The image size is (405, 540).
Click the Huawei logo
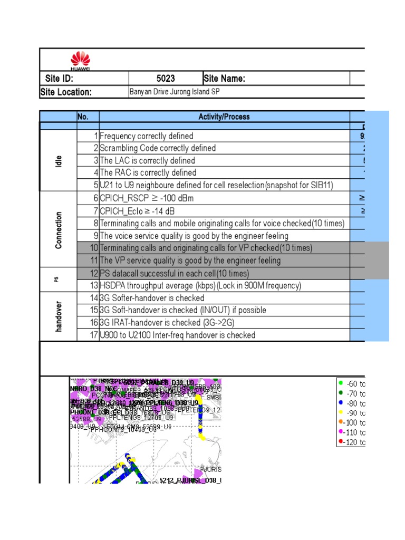point(81,60)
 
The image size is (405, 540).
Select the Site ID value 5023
point(166,79)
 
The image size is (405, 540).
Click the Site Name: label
point(224,79)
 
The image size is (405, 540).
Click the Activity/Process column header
point(224,117)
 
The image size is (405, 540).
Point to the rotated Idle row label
point(58,160)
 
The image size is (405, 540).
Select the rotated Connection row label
point(58,230)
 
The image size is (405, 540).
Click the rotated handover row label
point(58,316)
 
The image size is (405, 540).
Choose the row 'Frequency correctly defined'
point(147,136)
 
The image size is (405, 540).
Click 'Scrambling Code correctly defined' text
point(158,148)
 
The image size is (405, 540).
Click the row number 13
point(93,286)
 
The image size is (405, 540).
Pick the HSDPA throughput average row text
point(200,286)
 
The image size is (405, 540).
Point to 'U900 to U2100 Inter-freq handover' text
point(177,335)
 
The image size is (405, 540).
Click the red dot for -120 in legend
point(341,442)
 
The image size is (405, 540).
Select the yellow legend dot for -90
point(341,412)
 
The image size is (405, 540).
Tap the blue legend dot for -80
point(341,403)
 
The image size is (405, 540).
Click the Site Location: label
point(66,92)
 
